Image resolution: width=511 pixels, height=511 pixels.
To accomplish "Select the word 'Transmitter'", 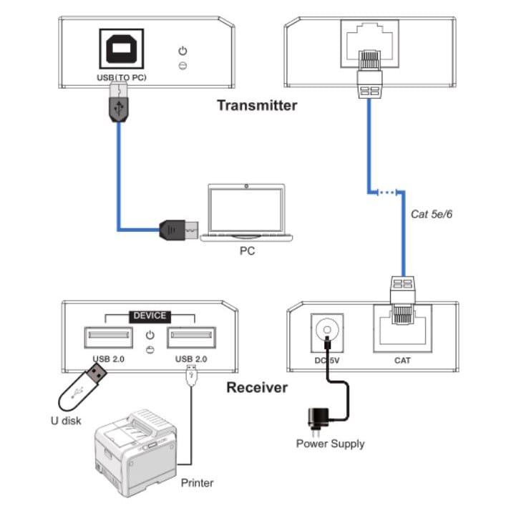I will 257,105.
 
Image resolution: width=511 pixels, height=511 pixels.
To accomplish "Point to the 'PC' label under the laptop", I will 246,251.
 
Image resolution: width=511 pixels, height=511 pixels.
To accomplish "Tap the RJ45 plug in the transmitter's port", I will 369,72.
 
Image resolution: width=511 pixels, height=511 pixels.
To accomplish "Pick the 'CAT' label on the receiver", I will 402,360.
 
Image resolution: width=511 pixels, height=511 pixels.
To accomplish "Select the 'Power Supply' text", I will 330,444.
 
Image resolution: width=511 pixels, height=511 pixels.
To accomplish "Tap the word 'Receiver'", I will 257,388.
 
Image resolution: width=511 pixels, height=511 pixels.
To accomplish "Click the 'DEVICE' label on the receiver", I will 150,315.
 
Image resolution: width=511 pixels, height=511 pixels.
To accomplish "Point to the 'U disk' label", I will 65,420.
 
